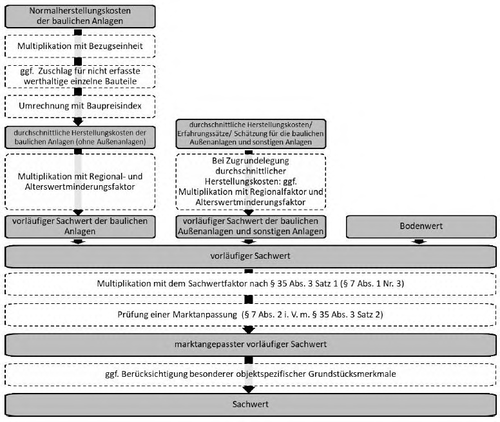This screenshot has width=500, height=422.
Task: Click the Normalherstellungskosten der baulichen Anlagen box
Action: pos(80,16)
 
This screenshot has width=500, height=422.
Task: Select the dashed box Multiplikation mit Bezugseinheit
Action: pos(80,46)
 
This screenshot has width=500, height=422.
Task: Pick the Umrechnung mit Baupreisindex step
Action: pos(80,106)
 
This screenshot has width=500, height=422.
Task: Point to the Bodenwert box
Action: pos(421,226)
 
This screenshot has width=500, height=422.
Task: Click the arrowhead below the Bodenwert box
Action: pos(419,242)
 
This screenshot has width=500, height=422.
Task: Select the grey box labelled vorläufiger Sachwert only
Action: pos(250,256)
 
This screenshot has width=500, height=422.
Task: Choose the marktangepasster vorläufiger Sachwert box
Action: pos(250,345)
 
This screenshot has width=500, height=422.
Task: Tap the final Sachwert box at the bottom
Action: pos(250,405)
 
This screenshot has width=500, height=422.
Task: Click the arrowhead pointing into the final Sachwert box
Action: pos(249,390)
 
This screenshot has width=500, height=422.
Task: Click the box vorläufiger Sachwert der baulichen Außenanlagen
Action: pos(251,226)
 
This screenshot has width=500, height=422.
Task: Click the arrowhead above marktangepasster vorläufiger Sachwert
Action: pos(249,330)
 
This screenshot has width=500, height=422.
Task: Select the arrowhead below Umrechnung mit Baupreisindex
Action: pos(78,121)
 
